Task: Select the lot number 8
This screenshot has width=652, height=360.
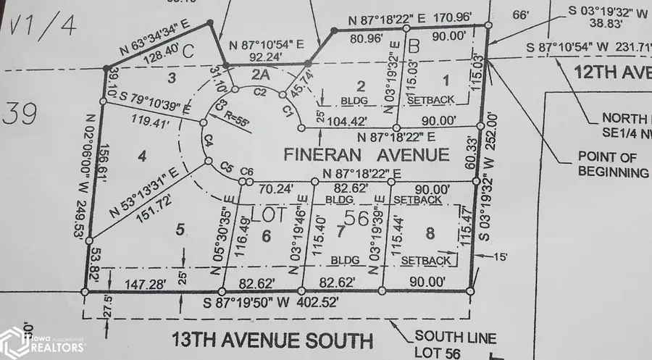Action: point(430,233)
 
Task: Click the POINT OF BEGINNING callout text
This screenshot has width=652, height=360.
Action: point(613,164)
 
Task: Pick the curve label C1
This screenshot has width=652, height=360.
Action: point(288,111)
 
